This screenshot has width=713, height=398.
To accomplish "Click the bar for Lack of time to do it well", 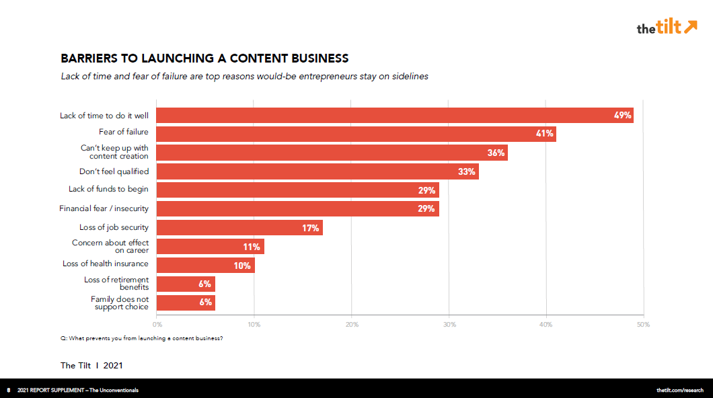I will point(395,115).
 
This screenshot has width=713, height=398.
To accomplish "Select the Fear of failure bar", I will point(356,134).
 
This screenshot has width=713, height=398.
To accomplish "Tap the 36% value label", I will point(496,153).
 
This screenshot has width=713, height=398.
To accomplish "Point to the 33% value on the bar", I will point(467,171).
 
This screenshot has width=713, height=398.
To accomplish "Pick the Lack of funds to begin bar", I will point(298,190).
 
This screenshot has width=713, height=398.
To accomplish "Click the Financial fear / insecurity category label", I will point(104,208).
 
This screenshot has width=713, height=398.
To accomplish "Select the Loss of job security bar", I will point(239,228).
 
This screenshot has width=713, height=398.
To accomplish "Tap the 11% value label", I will point(252,247).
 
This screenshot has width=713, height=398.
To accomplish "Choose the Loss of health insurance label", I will point(106,264).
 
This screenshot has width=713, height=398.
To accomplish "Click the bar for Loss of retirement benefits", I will point(186,284).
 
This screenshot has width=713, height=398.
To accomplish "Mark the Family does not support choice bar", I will point(186,303).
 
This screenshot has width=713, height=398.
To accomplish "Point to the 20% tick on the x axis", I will point(352,325).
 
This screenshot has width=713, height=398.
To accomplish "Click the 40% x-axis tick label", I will point(546,325).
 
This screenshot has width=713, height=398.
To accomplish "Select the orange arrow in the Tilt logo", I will point(690,27).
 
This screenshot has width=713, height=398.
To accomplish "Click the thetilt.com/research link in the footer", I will point(680,390).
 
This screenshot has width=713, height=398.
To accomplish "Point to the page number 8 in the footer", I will point(8,390).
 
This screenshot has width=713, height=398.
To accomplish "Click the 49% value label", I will point(622,115).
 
